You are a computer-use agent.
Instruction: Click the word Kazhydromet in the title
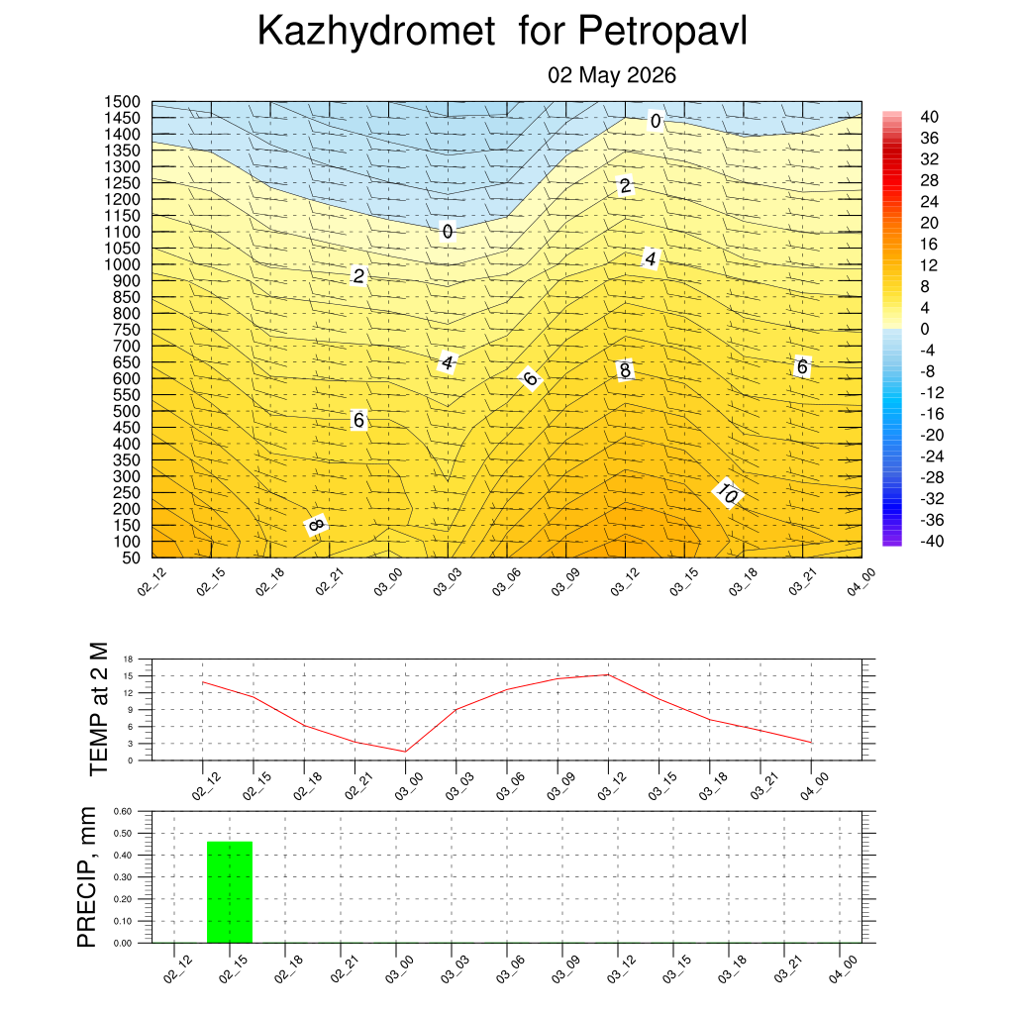click(376, 31)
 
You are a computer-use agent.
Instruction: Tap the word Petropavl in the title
click(662, 31)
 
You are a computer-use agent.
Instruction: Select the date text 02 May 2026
click(612, 75)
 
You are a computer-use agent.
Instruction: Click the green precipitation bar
click(230, 892)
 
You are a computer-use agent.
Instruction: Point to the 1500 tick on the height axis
click(122, 102)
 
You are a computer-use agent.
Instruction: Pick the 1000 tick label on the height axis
click(122, 264)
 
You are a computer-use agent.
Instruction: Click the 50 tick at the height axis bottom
click(132, 558)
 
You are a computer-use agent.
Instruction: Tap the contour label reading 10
click(728, 494)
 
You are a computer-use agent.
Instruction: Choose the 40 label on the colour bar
click(929, 117)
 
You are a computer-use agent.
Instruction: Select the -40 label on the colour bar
click(932, 541)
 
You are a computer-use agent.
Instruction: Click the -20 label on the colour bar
click(932, 435)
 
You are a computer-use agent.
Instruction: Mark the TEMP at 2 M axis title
click(98, 709)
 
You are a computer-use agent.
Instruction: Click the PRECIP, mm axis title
click(86, 877)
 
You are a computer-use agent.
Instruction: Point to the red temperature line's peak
click(608, 674)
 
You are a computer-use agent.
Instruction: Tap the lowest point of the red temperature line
click(405, 752)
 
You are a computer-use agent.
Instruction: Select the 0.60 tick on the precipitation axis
click(123, 811)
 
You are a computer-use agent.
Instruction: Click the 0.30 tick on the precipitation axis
click(123, 877)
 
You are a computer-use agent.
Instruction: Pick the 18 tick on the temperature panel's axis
click(128, 659)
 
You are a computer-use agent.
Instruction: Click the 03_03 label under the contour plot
click(447, 581)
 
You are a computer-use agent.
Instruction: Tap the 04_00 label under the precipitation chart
click(843, 969)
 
